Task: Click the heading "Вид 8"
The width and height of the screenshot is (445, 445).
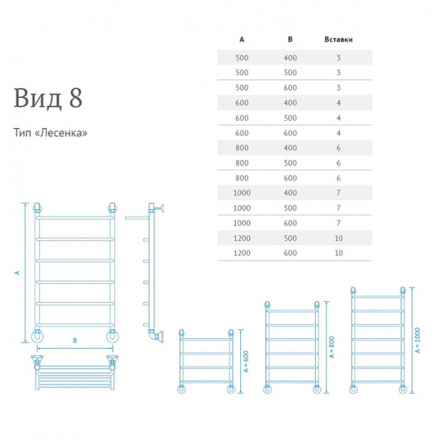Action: click(48, 98)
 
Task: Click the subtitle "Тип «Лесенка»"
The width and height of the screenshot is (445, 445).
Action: click(50, 133)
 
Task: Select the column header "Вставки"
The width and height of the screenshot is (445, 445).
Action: click(338, 39)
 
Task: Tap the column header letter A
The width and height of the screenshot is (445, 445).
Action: click(242, 39)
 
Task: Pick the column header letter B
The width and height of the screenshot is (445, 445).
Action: click(290, 39)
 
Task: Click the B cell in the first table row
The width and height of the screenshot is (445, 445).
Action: click(290, 58)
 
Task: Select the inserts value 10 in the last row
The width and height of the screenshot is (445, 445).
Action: click(339, 253)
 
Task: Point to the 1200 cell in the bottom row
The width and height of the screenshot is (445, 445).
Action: click(242, 253)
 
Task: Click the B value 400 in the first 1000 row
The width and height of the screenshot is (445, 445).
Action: click(290, 193)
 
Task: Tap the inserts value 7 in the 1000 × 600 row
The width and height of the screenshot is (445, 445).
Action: click(339, 223)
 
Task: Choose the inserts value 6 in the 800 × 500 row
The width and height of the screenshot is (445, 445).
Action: click(339, 163)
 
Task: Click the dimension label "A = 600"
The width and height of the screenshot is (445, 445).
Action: click(246, 362)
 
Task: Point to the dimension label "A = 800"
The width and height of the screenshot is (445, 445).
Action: click(332, 347)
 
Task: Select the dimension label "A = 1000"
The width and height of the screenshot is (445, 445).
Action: click(418, 340)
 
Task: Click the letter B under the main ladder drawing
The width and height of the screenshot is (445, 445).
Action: click(75, 340)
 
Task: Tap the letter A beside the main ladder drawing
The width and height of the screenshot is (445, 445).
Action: click(17, 273)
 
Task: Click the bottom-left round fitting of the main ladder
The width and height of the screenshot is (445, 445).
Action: click(37, 336)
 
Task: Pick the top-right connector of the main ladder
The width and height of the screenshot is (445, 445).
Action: click(112, 208)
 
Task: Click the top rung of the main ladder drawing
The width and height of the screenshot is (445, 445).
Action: click(75, 217)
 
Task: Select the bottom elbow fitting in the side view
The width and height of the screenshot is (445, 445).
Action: click(156, 336)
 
